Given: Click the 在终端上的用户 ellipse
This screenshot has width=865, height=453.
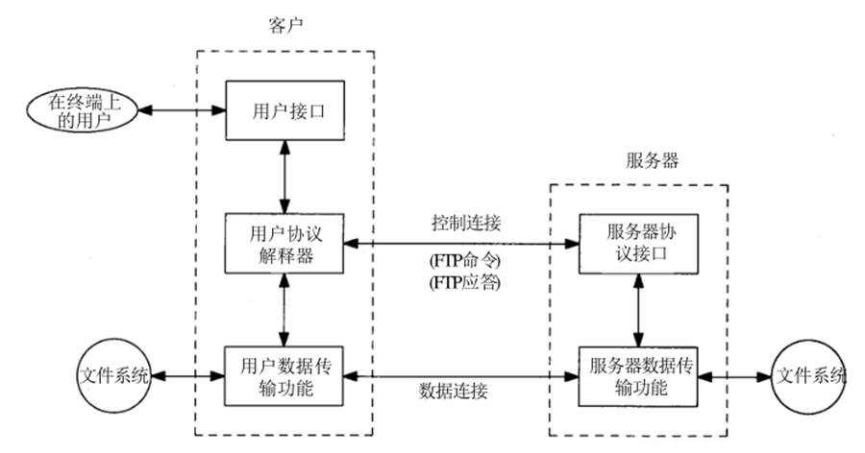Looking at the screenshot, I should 81,110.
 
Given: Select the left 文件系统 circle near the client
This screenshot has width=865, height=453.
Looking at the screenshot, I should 112,374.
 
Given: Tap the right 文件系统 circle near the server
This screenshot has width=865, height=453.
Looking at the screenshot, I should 810,375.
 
